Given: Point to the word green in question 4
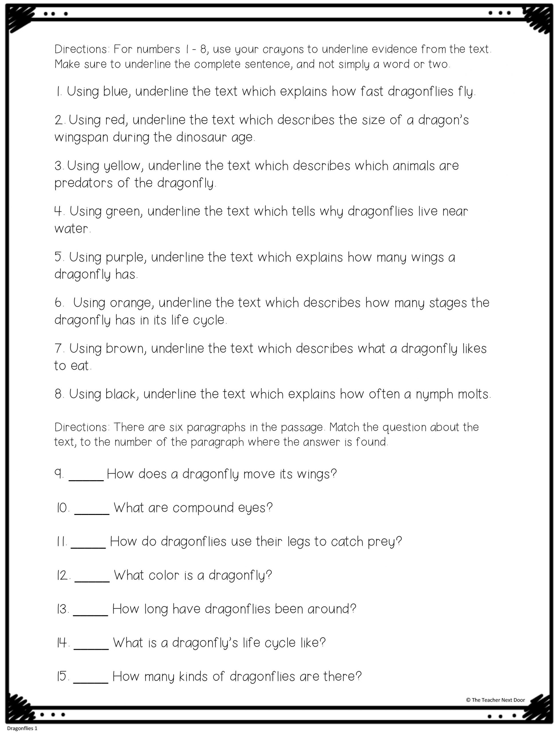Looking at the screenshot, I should click(x=124, y=211).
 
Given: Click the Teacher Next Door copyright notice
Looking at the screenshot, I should click(x=495, y=700).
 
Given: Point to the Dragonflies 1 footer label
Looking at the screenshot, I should click(x=22, y=728).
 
